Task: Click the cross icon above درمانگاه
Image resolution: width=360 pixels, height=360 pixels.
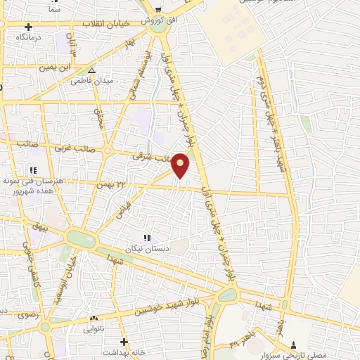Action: pos(28,27)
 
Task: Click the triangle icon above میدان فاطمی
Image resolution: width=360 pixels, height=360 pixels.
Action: pos(91,70)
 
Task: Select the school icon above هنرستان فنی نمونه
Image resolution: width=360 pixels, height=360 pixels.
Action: pos(33,169)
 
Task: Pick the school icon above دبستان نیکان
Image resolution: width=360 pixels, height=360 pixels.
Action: pos(148,239)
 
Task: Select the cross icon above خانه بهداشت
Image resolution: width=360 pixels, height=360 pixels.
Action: pos(124,341)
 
